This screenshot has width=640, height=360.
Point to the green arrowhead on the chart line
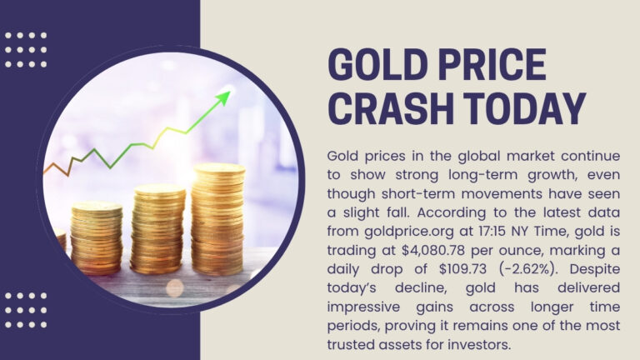tap(222, 98)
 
